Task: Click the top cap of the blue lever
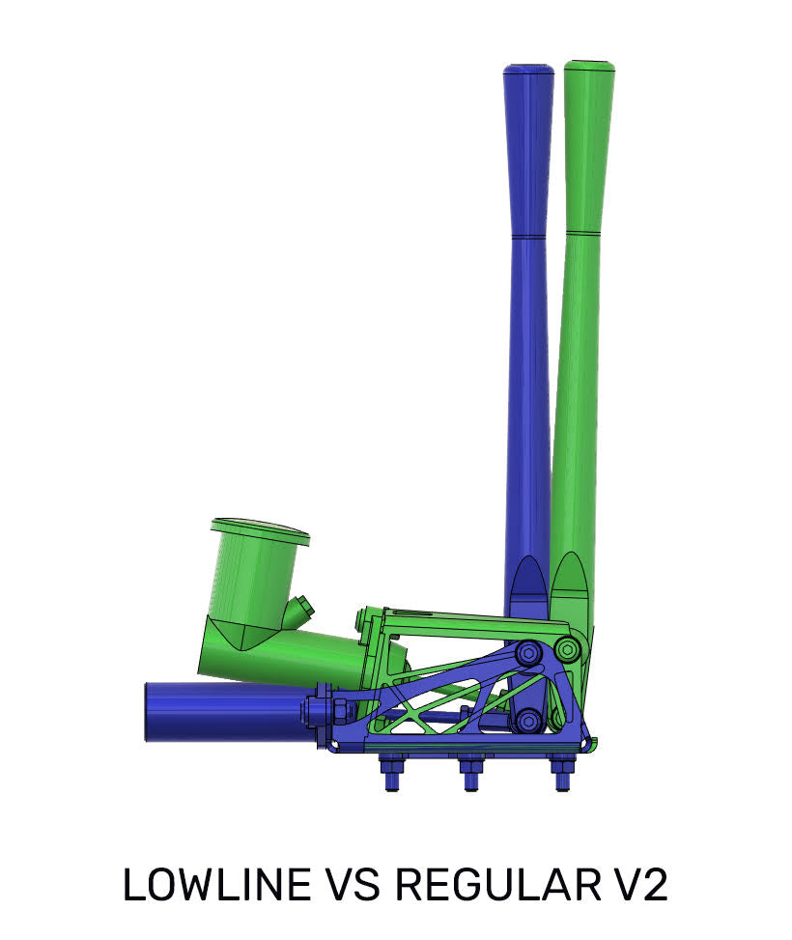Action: point(528,70)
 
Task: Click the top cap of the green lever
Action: point(589,66)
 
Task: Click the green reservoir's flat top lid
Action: point(259,528)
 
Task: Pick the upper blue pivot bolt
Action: point(528,654)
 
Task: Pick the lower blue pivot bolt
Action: point(526,721)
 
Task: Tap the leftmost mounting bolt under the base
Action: point(392,774)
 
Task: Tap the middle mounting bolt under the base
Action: point(470,774)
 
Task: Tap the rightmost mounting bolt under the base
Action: point(560,774)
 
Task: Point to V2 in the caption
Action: point(642,885)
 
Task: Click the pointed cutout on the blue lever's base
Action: point(528,587)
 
